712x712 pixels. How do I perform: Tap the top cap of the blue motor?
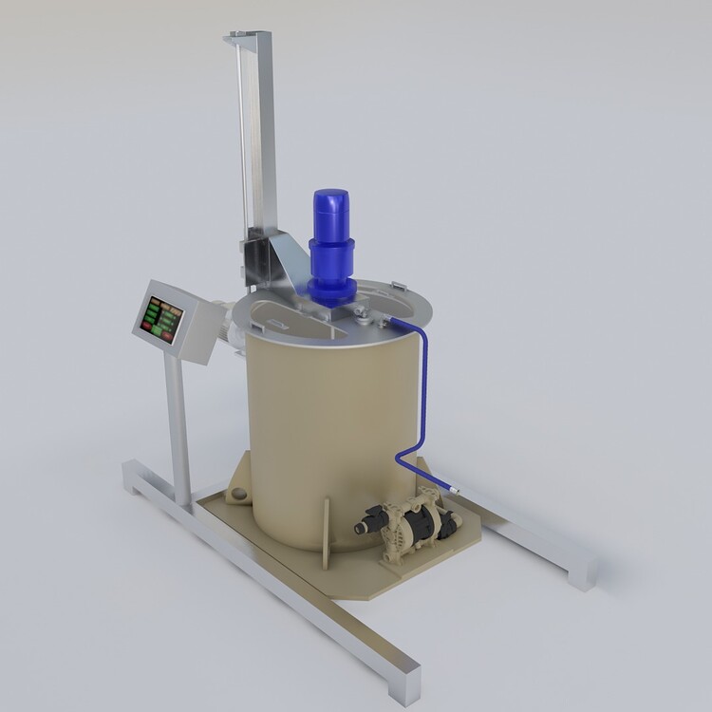[330, 198]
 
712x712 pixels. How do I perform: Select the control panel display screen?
[161, 317]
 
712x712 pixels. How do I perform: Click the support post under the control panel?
[177, 427]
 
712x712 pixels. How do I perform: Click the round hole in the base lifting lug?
[237, 495]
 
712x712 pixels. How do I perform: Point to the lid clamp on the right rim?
[398, 284]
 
